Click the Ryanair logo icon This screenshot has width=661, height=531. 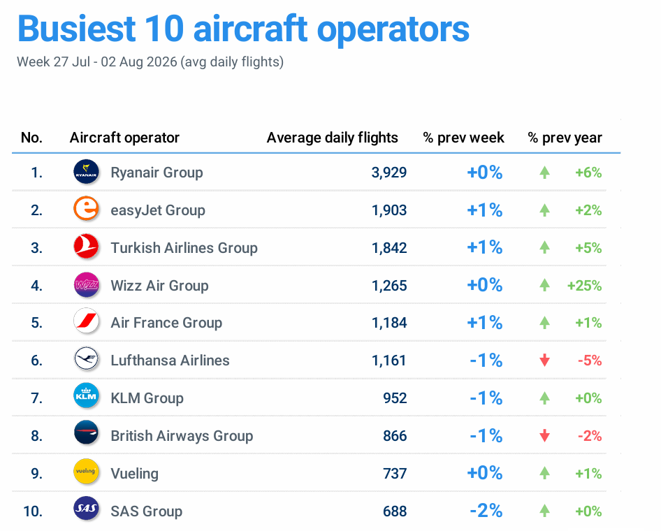tap(86, 172)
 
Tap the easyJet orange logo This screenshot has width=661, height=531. tap(86, 210)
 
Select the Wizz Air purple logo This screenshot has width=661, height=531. tap(86, 285)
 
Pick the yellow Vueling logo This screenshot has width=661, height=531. tap(86, 472)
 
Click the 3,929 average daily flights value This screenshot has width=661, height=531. tap(388, 173)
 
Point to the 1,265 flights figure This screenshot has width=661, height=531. tap(388, 286)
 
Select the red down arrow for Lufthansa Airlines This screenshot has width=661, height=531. tap(544, 361)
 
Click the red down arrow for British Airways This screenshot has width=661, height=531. tap(544, 435)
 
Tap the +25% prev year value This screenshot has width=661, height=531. tap(584, 286)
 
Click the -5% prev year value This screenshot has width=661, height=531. tap(589, 361)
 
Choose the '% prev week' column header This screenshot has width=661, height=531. tap(463, 138)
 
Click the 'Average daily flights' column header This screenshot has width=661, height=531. tap(332, 138)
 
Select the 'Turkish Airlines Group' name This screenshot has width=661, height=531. tap(184, 248)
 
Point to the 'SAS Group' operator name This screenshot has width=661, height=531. tap(146, 511)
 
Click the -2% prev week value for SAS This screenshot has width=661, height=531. tap(486, 511)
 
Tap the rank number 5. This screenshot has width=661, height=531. tap(36, 323)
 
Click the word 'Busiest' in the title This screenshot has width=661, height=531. tap(77, 29)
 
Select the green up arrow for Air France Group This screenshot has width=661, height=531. tap(544, 323)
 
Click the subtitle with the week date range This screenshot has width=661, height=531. tap(150, 62)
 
